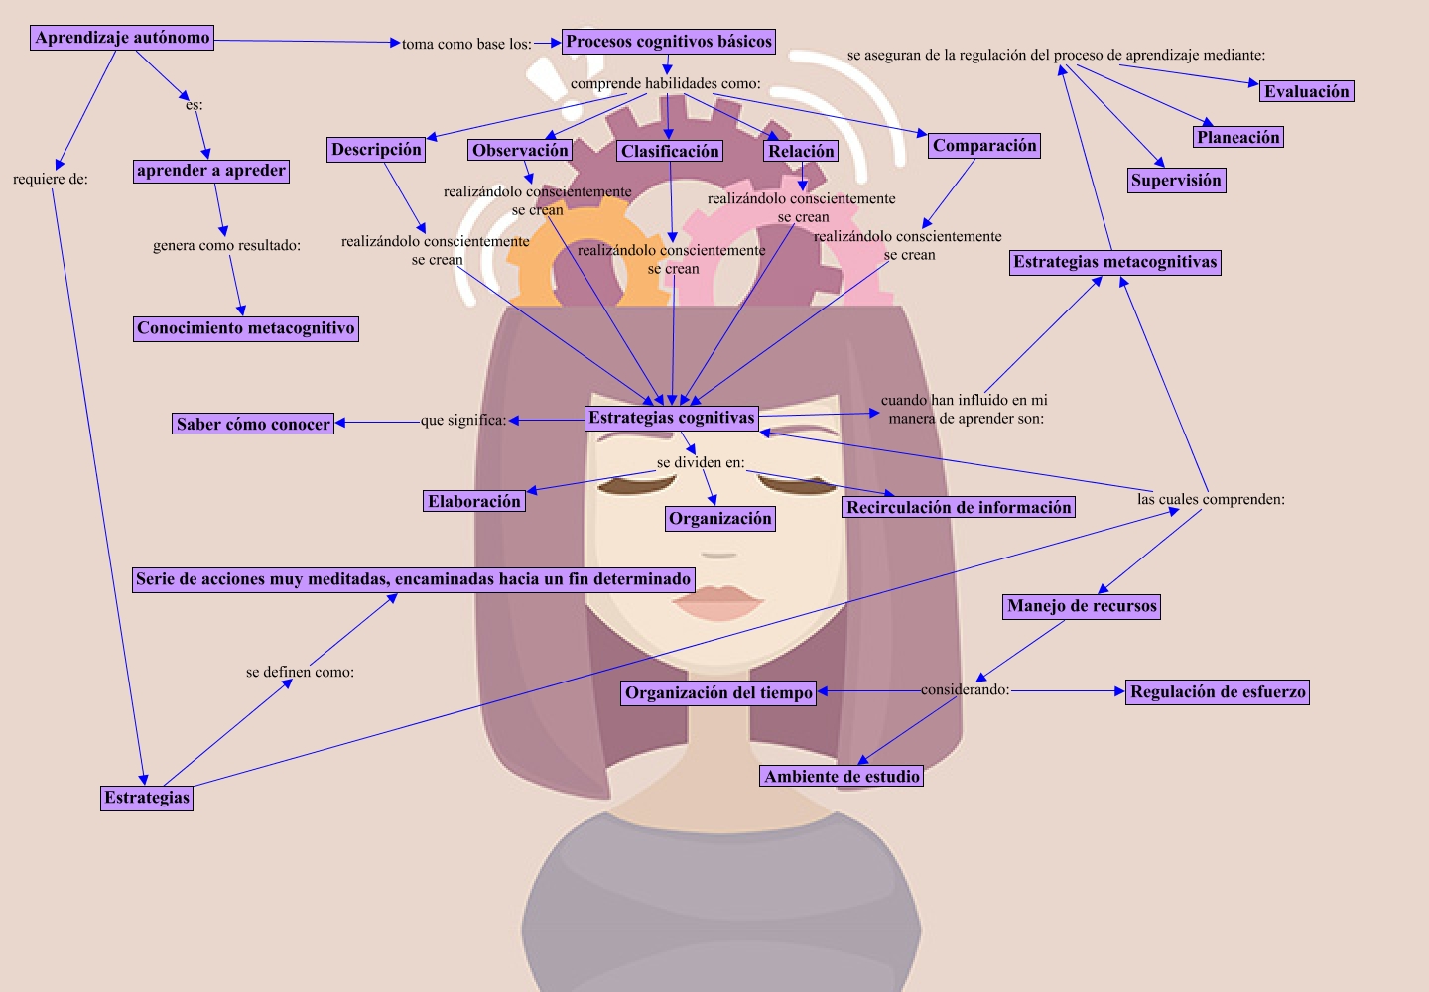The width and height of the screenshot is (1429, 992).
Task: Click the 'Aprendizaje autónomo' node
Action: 122,38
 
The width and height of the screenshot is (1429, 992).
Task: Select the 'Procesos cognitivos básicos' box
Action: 669,42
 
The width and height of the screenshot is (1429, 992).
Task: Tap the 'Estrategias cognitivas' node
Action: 672,418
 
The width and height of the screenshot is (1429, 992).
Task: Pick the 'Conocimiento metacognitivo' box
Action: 245,328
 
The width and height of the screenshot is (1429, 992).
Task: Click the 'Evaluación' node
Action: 1306,92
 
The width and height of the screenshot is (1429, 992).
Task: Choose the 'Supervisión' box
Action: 1176,181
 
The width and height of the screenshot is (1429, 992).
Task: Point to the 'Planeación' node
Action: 1237,138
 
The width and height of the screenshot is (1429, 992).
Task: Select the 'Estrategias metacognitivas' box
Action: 1114,263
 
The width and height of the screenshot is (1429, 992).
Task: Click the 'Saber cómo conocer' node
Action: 253,424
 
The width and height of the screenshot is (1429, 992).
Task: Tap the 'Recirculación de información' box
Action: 959,507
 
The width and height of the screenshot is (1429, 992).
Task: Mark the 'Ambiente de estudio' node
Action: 842,777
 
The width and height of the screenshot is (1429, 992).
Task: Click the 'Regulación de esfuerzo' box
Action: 1218,692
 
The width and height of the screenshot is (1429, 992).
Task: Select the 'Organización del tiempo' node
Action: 719,693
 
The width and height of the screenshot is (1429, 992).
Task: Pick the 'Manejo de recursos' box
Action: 1082,606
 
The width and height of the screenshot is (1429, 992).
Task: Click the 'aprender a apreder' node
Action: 211,171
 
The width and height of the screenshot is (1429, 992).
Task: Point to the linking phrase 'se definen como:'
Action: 300,672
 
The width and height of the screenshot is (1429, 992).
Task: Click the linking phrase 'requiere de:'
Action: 51,180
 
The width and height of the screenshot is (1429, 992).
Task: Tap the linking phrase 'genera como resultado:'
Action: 226,245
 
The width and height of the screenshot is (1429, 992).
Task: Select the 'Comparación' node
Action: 984,146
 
